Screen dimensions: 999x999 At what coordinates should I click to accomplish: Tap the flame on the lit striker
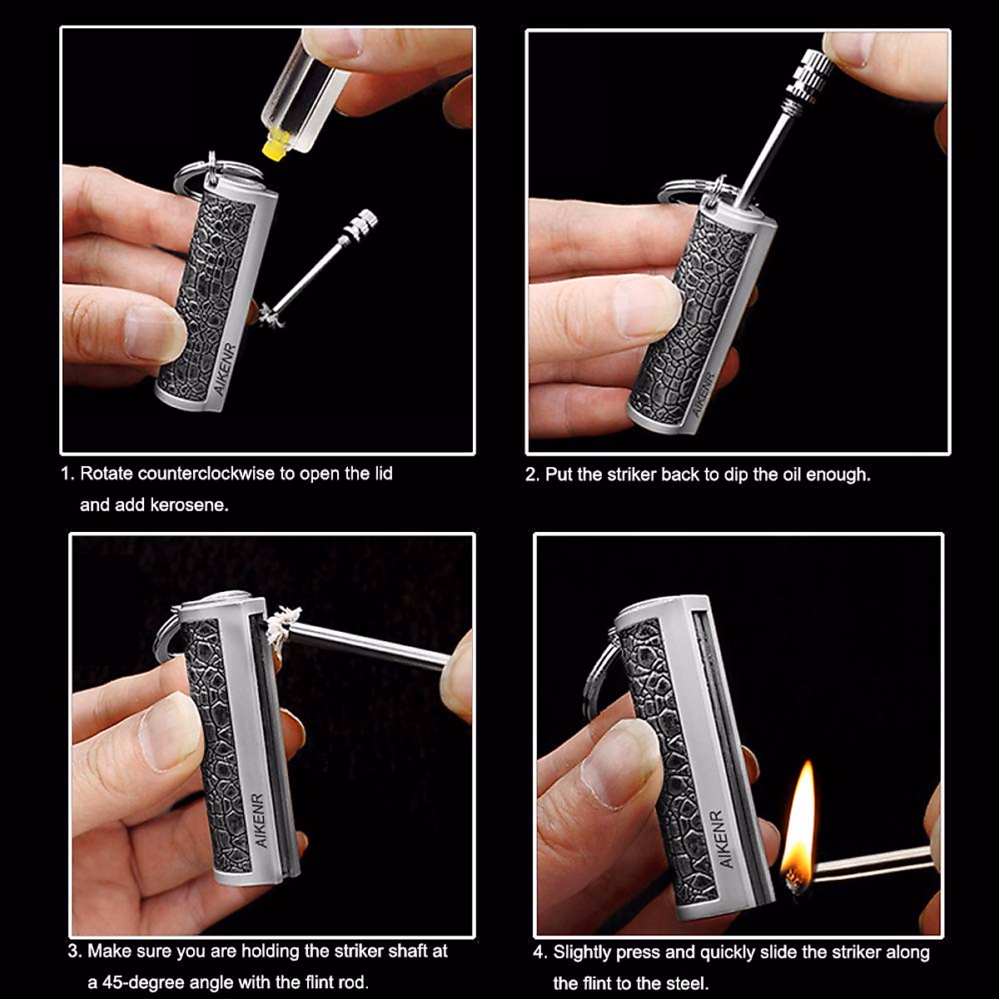coord(800,824)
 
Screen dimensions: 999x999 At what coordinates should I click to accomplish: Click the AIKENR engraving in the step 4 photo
coord(722,838)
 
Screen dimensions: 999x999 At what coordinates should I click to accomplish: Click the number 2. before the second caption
coord(533,475)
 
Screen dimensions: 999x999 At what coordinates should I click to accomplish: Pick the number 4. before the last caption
coord(541,952)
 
